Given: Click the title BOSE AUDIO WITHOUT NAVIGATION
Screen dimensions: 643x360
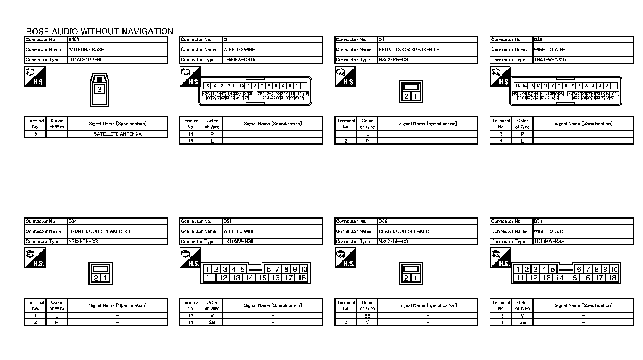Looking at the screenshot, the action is tap(100, 31).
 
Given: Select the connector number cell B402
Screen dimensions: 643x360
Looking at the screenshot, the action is tap(74, 40).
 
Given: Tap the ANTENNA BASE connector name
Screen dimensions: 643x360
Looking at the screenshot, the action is tap(86, 50).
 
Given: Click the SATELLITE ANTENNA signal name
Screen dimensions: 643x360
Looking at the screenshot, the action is tap(117, 134).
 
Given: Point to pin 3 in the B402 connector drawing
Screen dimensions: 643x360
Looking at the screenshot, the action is tap(100, 90).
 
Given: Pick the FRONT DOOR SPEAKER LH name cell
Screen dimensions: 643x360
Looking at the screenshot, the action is tap(409, 50).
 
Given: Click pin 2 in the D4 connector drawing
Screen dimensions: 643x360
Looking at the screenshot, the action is tap(406, 96).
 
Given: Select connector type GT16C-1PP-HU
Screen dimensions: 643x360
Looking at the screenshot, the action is tap(86, 60).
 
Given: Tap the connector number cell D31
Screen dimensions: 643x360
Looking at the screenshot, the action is tap(538, 40).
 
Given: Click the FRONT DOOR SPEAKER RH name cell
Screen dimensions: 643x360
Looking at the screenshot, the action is tap(99, 231).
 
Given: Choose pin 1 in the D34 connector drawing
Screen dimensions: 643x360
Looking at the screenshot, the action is tap(105, 278).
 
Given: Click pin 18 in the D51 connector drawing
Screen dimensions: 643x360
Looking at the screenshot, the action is tap(302, 278).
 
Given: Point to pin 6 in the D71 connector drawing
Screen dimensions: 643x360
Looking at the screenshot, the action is tap(579, 270).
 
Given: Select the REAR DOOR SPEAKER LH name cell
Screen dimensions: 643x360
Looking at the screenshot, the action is tap(408, 231).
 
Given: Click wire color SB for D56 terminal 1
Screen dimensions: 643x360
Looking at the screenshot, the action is tap(367, 316).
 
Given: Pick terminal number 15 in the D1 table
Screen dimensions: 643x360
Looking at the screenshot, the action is tap(191, 141).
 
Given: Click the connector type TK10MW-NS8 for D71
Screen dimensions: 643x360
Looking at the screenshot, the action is tap(549, 242).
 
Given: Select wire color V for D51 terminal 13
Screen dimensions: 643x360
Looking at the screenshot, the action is tap(212, 316).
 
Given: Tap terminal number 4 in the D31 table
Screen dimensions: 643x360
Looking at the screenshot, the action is tap(501, 141).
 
